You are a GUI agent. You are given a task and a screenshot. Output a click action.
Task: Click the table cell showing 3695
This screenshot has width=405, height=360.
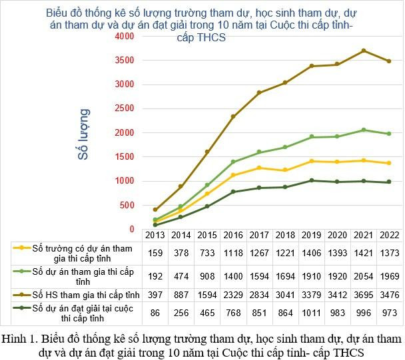point(364,295)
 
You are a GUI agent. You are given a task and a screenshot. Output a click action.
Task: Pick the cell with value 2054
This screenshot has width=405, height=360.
point(364,275)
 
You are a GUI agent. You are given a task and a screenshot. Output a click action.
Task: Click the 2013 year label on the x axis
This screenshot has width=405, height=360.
point(155,235)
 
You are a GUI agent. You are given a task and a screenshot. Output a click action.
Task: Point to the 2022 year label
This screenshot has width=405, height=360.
point(389,235)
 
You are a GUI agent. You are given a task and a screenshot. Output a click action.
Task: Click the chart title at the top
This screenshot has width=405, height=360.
point(201,25)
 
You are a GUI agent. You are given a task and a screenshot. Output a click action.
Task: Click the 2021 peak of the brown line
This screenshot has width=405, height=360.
point(364,51)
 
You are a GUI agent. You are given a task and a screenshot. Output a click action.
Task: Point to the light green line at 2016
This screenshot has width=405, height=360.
point(233,162)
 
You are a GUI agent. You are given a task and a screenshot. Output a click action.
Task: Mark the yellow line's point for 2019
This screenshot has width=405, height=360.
point(312,161)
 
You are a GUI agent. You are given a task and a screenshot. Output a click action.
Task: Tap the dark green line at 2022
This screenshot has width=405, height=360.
point(389,182)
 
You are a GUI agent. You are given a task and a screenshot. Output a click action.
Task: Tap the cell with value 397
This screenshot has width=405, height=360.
point(155,295)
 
